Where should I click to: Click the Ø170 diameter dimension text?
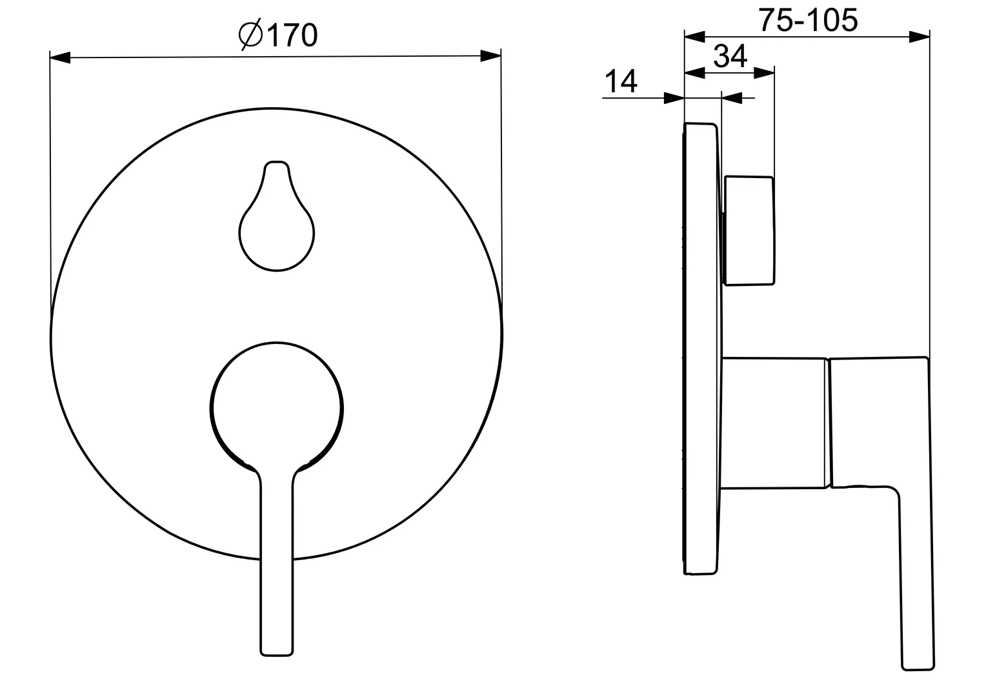pos(279,35)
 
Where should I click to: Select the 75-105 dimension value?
pos(807,20)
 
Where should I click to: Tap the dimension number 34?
pos(730,56)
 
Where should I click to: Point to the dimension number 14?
pos(620,82)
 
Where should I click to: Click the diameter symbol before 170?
pos(250,35)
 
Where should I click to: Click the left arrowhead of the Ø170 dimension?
pos(60,58)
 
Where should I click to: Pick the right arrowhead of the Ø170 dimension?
pos(491,57)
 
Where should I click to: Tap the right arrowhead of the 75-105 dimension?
pos(919,37)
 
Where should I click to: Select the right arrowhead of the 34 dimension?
pos(764,73)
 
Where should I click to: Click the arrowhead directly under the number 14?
pos(674,99)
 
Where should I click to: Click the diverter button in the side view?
pos(749,230)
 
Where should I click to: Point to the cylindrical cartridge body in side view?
pos(774,423)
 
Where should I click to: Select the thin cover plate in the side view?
pos(700,348)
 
